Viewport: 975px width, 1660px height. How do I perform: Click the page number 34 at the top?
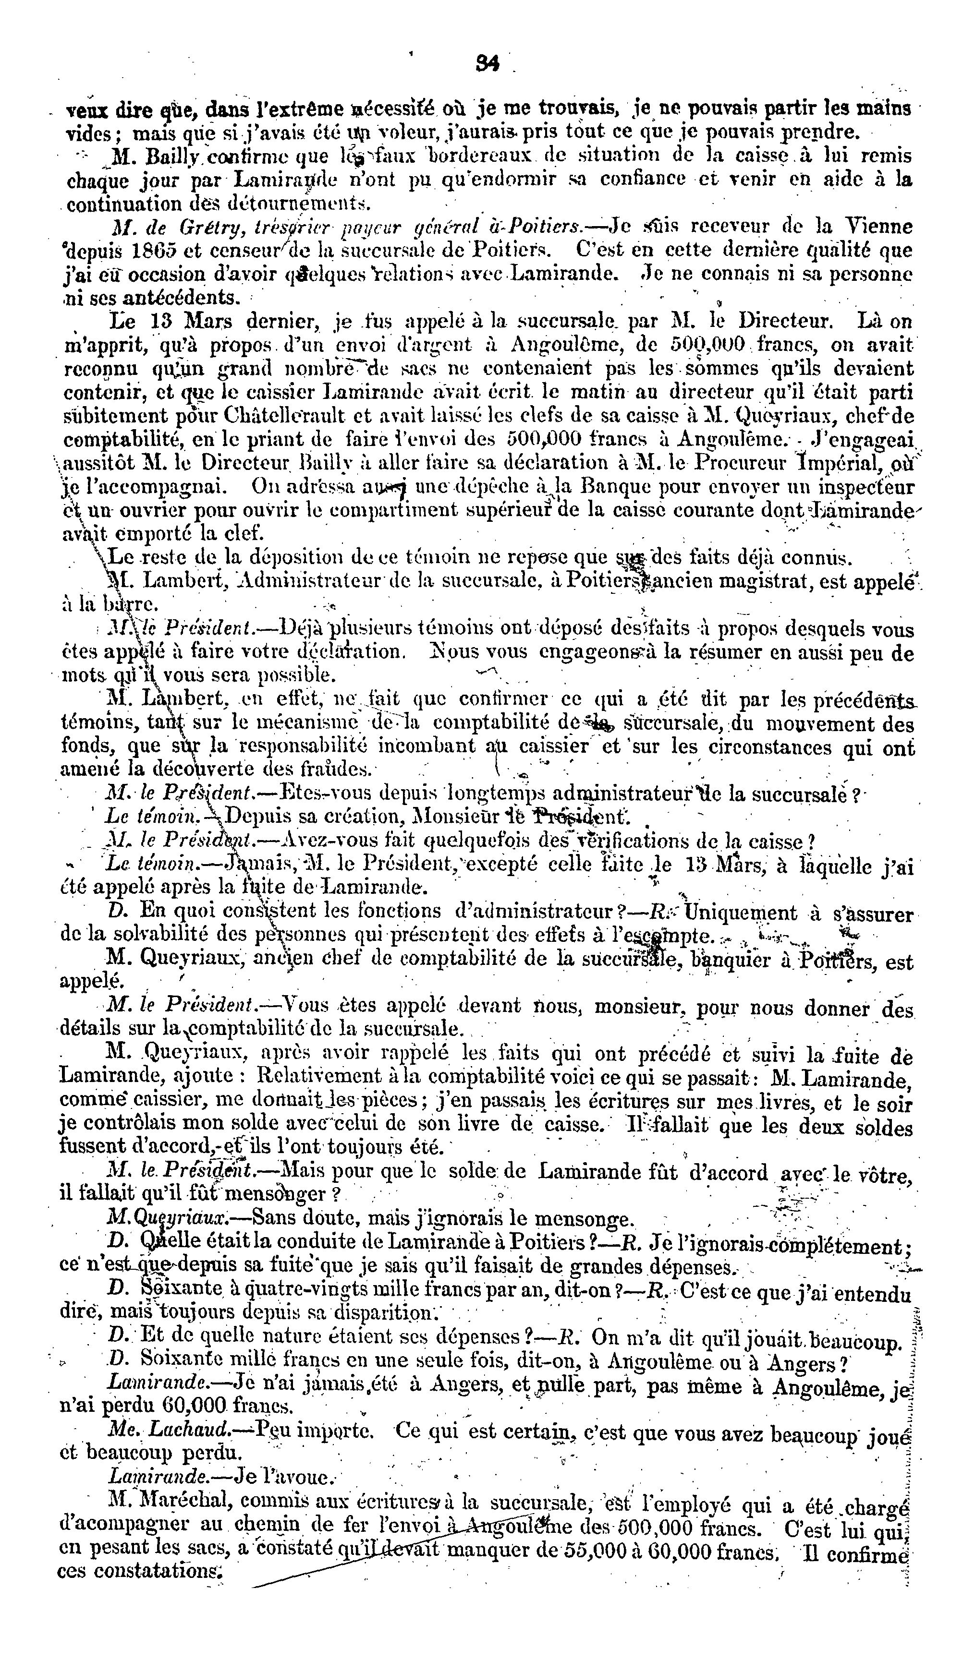pos(488,63)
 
